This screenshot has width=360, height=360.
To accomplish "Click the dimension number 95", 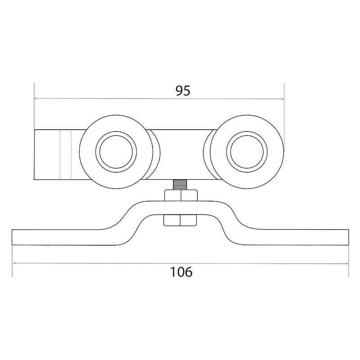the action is tap(183, 91).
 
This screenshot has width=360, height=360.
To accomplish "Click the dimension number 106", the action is tap(181, 272).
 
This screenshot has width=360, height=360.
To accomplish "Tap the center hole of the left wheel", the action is tap(116, 152).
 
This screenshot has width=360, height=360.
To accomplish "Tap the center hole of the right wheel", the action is tap(247, 152).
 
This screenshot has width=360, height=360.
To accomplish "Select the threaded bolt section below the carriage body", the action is tap(181, 185).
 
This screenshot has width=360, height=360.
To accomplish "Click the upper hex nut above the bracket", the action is tap(181, 196).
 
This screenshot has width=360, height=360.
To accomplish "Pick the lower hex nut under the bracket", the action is tap(180, 220).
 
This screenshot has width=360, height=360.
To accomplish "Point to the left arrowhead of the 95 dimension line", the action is tap(36, 99).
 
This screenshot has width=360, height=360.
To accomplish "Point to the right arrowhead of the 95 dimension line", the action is tap(282, 99).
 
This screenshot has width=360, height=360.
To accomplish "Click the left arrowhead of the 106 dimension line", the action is tap(14, 263).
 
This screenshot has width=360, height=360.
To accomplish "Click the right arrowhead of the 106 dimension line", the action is tap(346, 264).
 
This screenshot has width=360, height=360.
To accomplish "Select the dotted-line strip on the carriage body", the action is tap(66, 154).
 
